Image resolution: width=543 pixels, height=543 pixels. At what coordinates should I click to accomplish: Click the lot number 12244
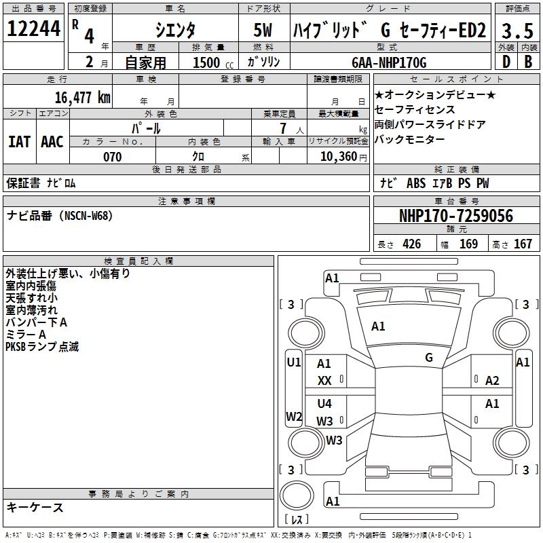click(33, 29)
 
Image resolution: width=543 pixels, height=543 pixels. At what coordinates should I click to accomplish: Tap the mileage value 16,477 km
click(82, 98)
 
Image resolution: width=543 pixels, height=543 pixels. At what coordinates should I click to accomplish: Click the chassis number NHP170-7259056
click(455, 217)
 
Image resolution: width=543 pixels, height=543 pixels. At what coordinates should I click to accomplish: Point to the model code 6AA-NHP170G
click(389, 62)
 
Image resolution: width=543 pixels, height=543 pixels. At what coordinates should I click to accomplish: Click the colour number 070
click(112, 157)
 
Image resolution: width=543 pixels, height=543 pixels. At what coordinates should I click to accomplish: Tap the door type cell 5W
click(264, 30)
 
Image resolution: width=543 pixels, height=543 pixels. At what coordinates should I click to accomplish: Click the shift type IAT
click(19, 142)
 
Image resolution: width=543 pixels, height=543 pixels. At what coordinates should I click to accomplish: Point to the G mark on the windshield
click(429, 357)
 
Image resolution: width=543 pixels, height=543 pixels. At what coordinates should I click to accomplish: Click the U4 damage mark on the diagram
click(324, 403)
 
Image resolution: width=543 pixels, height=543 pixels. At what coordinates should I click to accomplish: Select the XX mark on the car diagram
click(324, 381)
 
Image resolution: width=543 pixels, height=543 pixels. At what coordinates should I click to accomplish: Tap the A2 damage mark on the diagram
click(492, 381)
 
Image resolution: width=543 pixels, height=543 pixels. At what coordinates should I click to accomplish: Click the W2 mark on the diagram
click(293, 416)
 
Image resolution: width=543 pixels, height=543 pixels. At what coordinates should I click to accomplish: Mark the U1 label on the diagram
click(293, 362)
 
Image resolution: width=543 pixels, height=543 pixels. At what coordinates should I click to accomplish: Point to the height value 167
click(523, 244)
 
